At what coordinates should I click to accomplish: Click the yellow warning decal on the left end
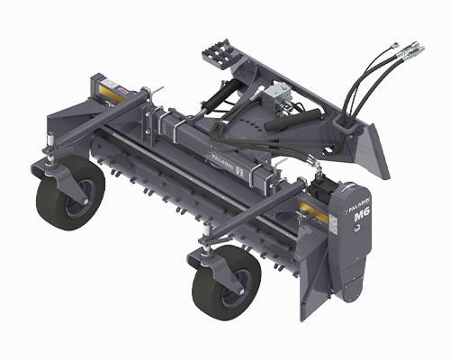[107, 93]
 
